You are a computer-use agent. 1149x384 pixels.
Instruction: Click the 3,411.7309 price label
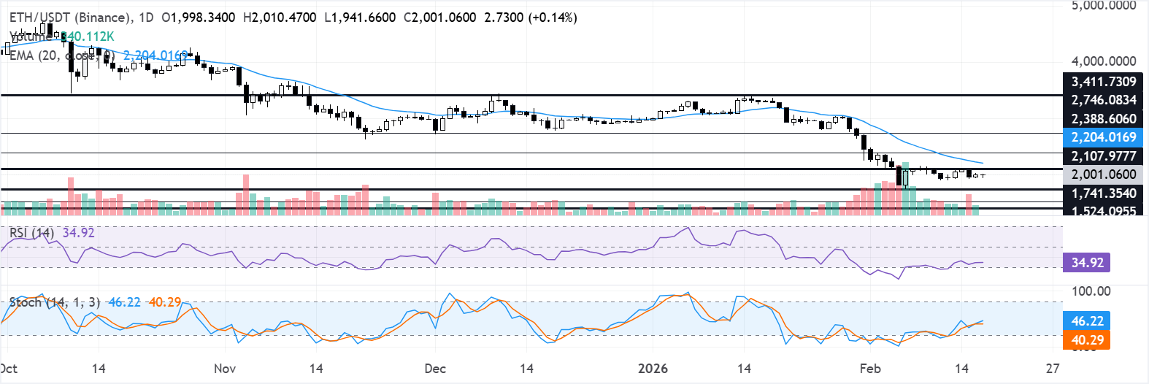tap(1103, 82)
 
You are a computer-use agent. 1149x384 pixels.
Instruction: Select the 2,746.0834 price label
tap(1103, 100)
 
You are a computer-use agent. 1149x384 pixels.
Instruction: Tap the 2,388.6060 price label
tap(1103, 119)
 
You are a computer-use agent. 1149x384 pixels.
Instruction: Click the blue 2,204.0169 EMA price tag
tap(1103, 137)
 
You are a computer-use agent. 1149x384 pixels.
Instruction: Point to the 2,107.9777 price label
tap(1103, 156)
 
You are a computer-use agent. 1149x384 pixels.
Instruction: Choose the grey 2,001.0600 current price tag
tap(1103, 174)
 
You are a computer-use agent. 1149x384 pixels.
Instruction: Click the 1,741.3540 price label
tap(1103, 193)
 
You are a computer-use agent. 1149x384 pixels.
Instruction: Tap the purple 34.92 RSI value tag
tap(1087, 263)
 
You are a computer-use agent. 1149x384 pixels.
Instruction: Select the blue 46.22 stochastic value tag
tap(1087, 321)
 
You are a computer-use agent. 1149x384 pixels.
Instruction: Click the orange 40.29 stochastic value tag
tap(1087, 340)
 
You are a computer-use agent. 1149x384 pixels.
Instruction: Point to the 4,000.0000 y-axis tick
tap(1103, 61)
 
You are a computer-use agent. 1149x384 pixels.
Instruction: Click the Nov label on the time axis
tap(225, 369)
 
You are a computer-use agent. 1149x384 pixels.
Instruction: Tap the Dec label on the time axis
tap(435, 369)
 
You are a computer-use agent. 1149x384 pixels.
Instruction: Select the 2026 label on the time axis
tap(653, 369)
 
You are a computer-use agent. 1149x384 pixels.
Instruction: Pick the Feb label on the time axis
tap(870, 369)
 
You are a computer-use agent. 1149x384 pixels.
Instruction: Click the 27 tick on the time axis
tap(1053, 369)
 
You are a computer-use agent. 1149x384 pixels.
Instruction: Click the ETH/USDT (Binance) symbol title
tap(71, 17)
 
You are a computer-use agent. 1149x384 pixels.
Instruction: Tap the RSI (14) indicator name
tap(31, 233)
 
